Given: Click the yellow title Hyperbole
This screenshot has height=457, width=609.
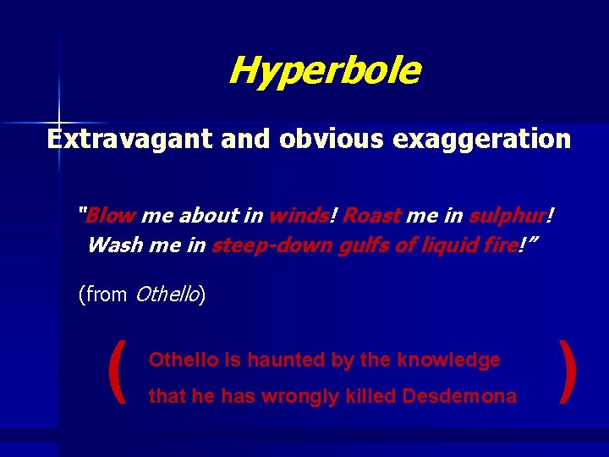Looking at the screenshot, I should [323, 71].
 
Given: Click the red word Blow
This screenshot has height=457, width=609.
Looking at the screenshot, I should [112, 216].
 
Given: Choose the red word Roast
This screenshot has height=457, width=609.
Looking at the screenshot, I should [372, 216].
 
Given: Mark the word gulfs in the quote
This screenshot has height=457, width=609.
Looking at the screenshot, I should [354, 245].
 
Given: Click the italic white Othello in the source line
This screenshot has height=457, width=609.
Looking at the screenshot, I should [167, 295].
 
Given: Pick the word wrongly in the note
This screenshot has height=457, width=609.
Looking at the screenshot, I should [297, 396].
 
